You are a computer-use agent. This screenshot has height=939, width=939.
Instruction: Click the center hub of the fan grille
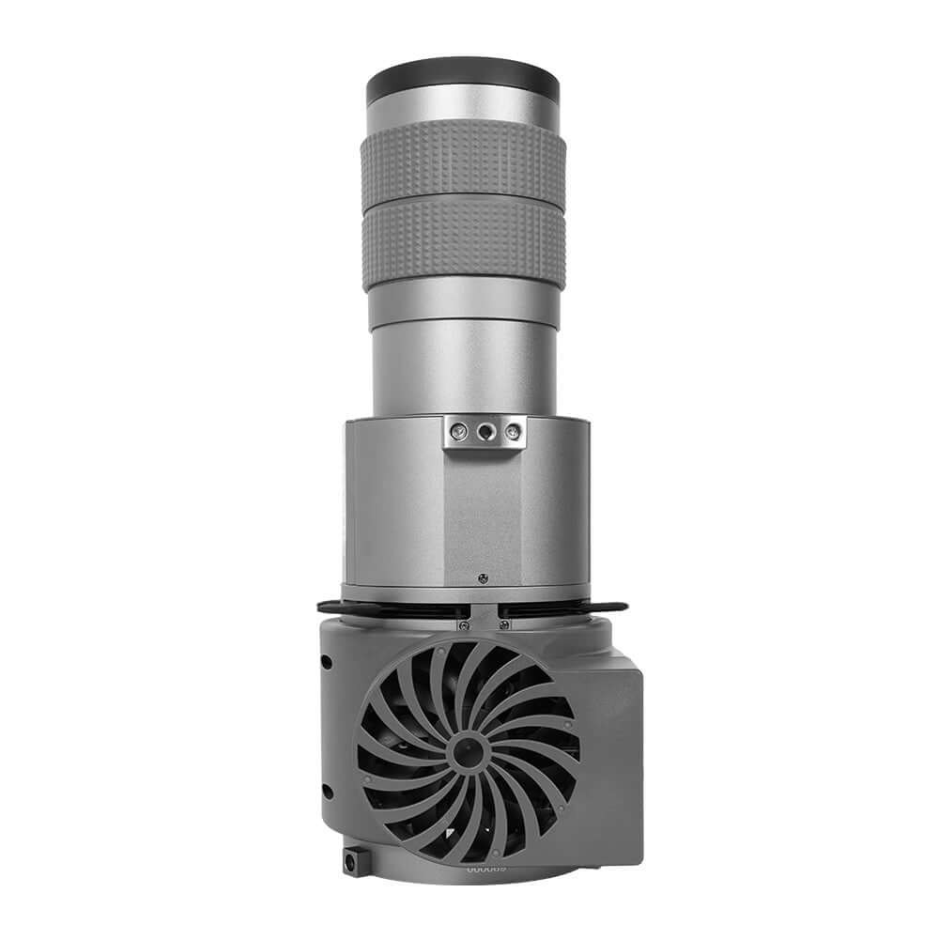click(463, 748)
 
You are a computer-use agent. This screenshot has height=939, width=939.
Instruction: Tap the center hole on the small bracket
click(485, 430)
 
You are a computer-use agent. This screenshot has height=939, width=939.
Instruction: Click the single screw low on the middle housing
click(482, 577)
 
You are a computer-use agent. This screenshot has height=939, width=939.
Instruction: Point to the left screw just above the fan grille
click(462, 624)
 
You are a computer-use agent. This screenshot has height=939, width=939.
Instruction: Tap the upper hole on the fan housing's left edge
click(326, 661)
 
